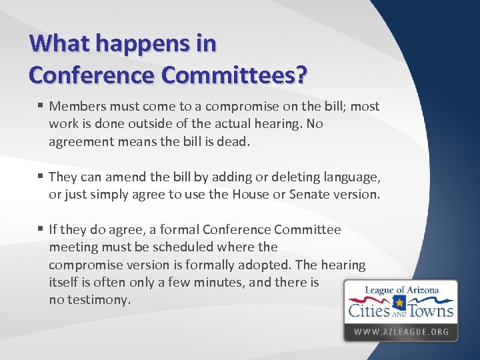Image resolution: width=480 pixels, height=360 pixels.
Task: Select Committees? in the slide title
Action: click(236, 75)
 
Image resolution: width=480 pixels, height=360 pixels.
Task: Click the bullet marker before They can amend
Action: click(41, 177)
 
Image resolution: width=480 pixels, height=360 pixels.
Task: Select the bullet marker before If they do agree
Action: click(41, 229)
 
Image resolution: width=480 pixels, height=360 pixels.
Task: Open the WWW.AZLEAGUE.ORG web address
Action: click(401, 331)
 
